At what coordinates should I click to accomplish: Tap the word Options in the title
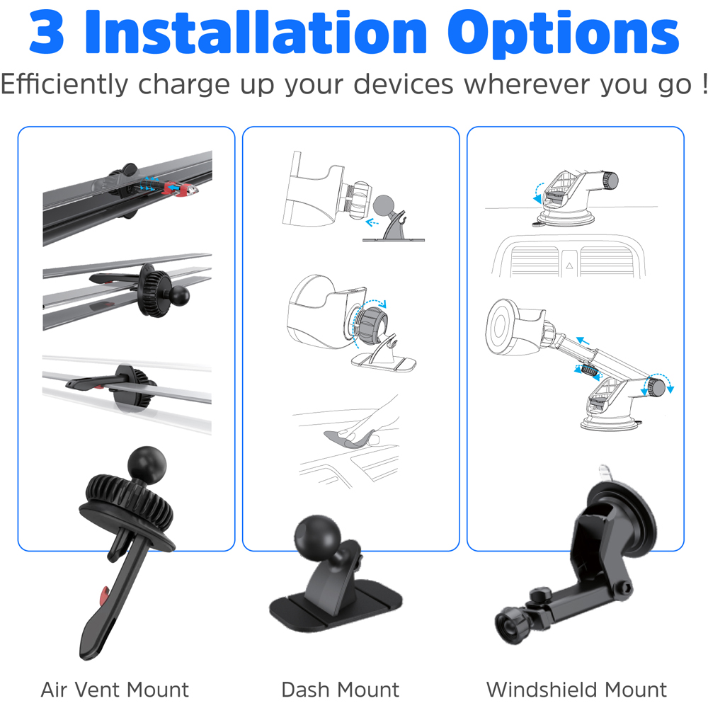click(564, 33)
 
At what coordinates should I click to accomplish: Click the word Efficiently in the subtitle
click(65, 84)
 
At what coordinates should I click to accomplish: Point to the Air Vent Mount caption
click(115, 689)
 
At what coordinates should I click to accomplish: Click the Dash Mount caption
click(340, 689)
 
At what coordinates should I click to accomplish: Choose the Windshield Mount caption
click(576, 689)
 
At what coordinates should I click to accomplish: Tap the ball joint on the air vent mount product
click(147, 464)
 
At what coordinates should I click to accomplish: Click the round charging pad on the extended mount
click(503, 326)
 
